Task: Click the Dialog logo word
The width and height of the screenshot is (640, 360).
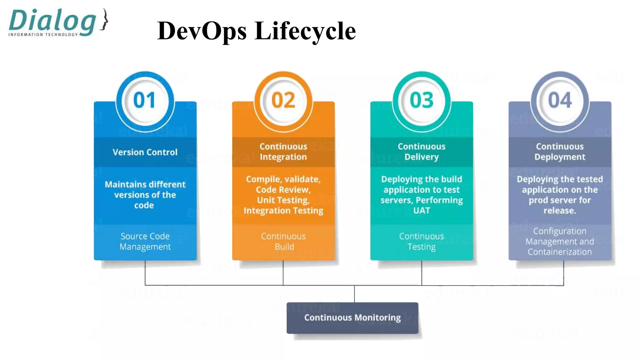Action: tap(52, 21)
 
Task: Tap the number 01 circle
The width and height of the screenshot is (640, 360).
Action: tap(145, 101)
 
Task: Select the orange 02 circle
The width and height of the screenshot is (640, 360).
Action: tap(283, 101)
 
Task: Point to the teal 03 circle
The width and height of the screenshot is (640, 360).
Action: tap(422, 101)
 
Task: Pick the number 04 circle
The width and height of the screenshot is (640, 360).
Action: tap(560, 101)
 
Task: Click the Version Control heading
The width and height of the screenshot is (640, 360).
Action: tap(145, 152)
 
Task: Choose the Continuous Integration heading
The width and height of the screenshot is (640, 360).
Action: tap(283, 152)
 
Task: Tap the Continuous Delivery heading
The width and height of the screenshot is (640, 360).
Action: tap(422, 152)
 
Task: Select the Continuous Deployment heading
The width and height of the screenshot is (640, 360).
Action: tap(560, 152)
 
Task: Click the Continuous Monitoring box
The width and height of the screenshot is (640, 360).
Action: tap(352, 318)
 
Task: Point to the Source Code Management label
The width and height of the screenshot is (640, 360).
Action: tap(145, 241)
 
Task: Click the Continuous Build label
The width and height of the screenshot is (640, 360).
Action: tap(283, 241)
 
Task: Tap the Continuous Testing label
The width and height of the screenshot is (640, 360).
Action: tap(422, 241)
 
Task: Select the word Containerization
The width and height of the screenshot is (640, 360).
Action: tap(560, 252)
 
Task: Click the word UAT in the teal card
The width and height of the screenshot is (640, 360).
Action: tap(422, 211)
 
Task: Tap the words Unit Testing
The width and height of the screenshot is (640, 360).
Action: tap(283, 200)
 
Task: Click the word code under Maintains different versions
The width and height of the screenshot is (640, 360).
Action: tap(144, 205)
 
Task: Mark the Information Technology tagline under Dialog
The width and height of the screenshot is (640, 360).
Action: tap(43, 35)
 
